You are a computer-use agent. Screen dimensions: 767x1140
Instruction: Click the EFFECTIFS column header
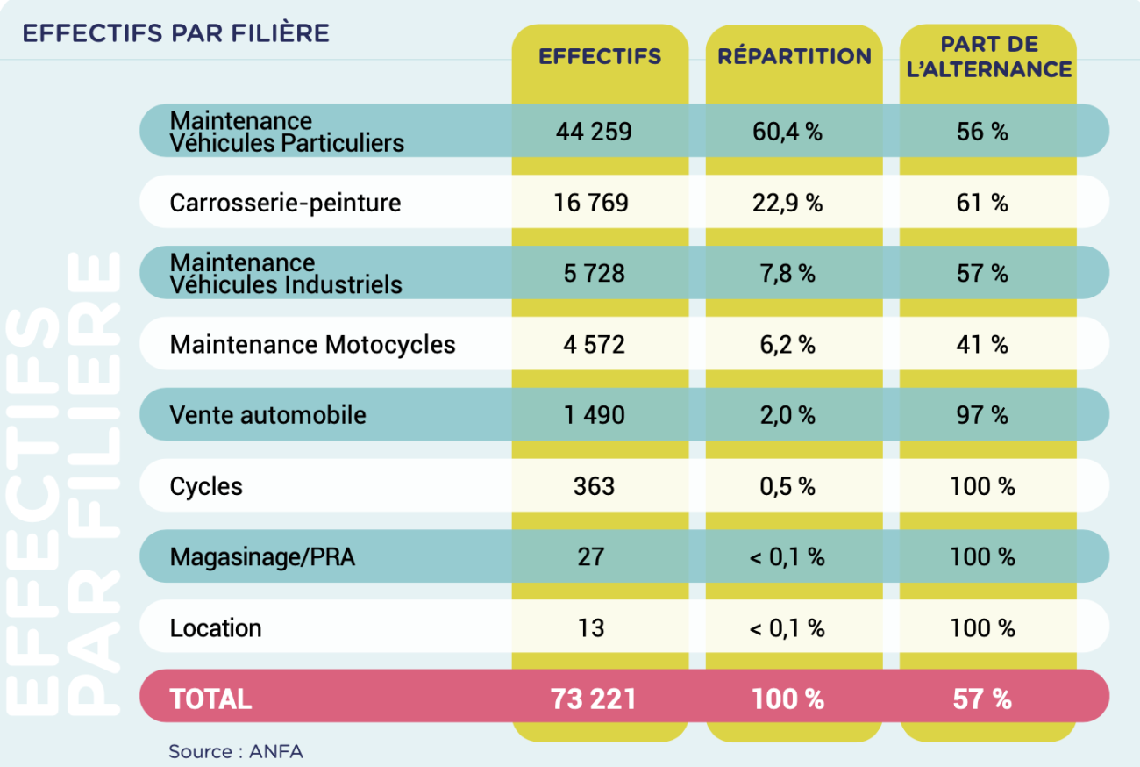pyautogui.click(x=600, y=57)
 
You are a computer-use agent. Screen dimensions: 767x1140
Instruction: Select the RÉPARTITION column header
pyautogui.click(x=794, y=57)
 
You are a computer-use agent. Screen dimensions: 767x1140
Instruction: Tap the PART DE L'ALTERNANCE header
pyautogui.click(x=988, y=57)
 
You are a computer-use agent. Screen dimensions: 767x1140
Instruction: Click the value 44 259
pyautogui.click(x=594, y=132)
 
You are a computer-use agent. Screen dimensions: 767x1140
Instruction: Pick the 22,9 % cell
pyautogui.click(x=787, y=203)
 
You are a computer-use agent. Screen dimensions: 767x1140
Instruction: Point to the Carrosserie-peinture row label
pyautogui.click(x=285, y=203)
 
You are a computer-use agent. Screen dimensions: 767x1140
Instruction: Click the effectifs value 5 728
pyautogui.click(x=594, y=274)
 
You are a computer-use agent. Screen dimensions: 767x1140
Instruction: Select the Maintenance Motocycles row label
pyautogui.click(x=312, y=344)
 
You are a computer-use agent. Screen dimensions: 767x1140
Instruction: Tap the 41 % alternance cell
pyautogui.click(x=982, y=344)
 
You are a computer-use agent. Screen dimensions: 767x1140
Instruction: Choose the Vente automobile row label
pyautogui.click(x=267, y=414)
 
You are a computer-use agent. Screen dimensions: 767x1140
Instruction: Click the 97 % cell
pyautogui.click(x=982, y=414)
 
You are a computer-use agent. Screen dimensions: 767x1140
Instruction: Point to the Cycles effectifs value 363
pyautogui.click(x=594, y=485)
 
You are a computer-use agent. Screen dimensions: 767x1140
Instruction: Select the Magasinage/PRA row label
pyautogui.click(x=262, y=556)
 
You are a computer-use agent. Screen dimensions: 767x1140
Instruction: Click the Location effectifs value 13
pyautogui.click(x=592, y=627)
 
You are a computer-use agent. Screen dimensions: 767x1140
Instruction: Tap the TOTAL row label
pyautogui.click(x=210, y=699)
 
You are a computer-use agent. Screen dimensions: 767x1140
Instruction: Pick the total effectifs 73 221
pyautogui.click(x=594, y=699)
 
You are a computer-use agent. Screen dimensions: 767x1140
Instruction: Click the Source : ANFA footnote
pyautogui.click(x=236, y=751)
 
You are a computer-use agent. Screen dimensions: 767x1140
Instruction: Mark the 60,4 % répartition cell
pyautogui.click(x=787, y=132)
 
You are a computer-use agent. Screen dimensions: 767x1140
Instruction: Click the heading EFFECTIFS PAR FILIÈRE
pyautogui.click(x=175, y=33)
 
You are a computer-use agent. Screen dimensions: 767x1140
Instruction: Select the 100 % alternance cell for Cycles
pyautogui.click(x=982, y=485)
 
